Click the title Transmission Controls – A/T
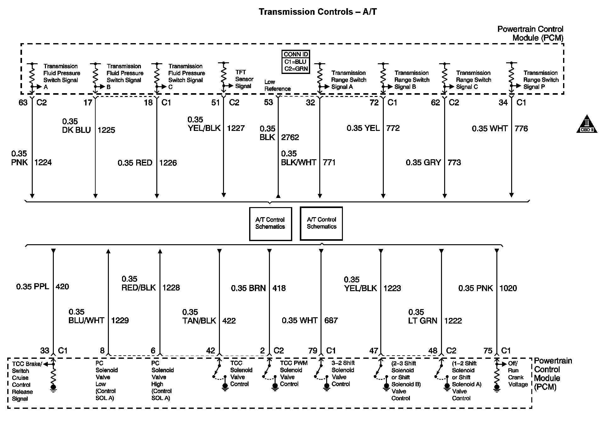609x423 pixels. click(317, 12)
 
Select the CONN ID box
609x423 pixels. click(296, 62)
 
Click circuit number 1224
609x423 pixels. click(43, 162)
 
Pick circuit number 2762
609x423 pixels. click(290, 137)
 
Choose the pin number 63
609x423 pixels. click(23, 103)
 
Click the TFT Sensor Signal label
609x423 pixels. click(244, 79)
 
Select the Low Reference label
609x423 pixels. click(277, 85)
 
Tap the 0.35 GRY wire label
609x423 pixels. click(423, 162)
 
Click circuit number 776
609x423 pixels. click(521, 128)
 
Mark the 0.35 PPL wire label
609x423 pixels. click(33, 286)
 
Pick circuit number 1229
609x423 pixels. click(120, 320)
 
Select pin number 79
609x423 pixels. click(313, 351)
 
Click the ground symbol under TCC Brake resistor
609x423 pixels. click(53, 388)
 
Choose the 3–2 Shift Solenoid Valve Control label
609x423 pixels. click(343, 374)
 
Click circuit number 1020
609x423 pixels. click(508, 288)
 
